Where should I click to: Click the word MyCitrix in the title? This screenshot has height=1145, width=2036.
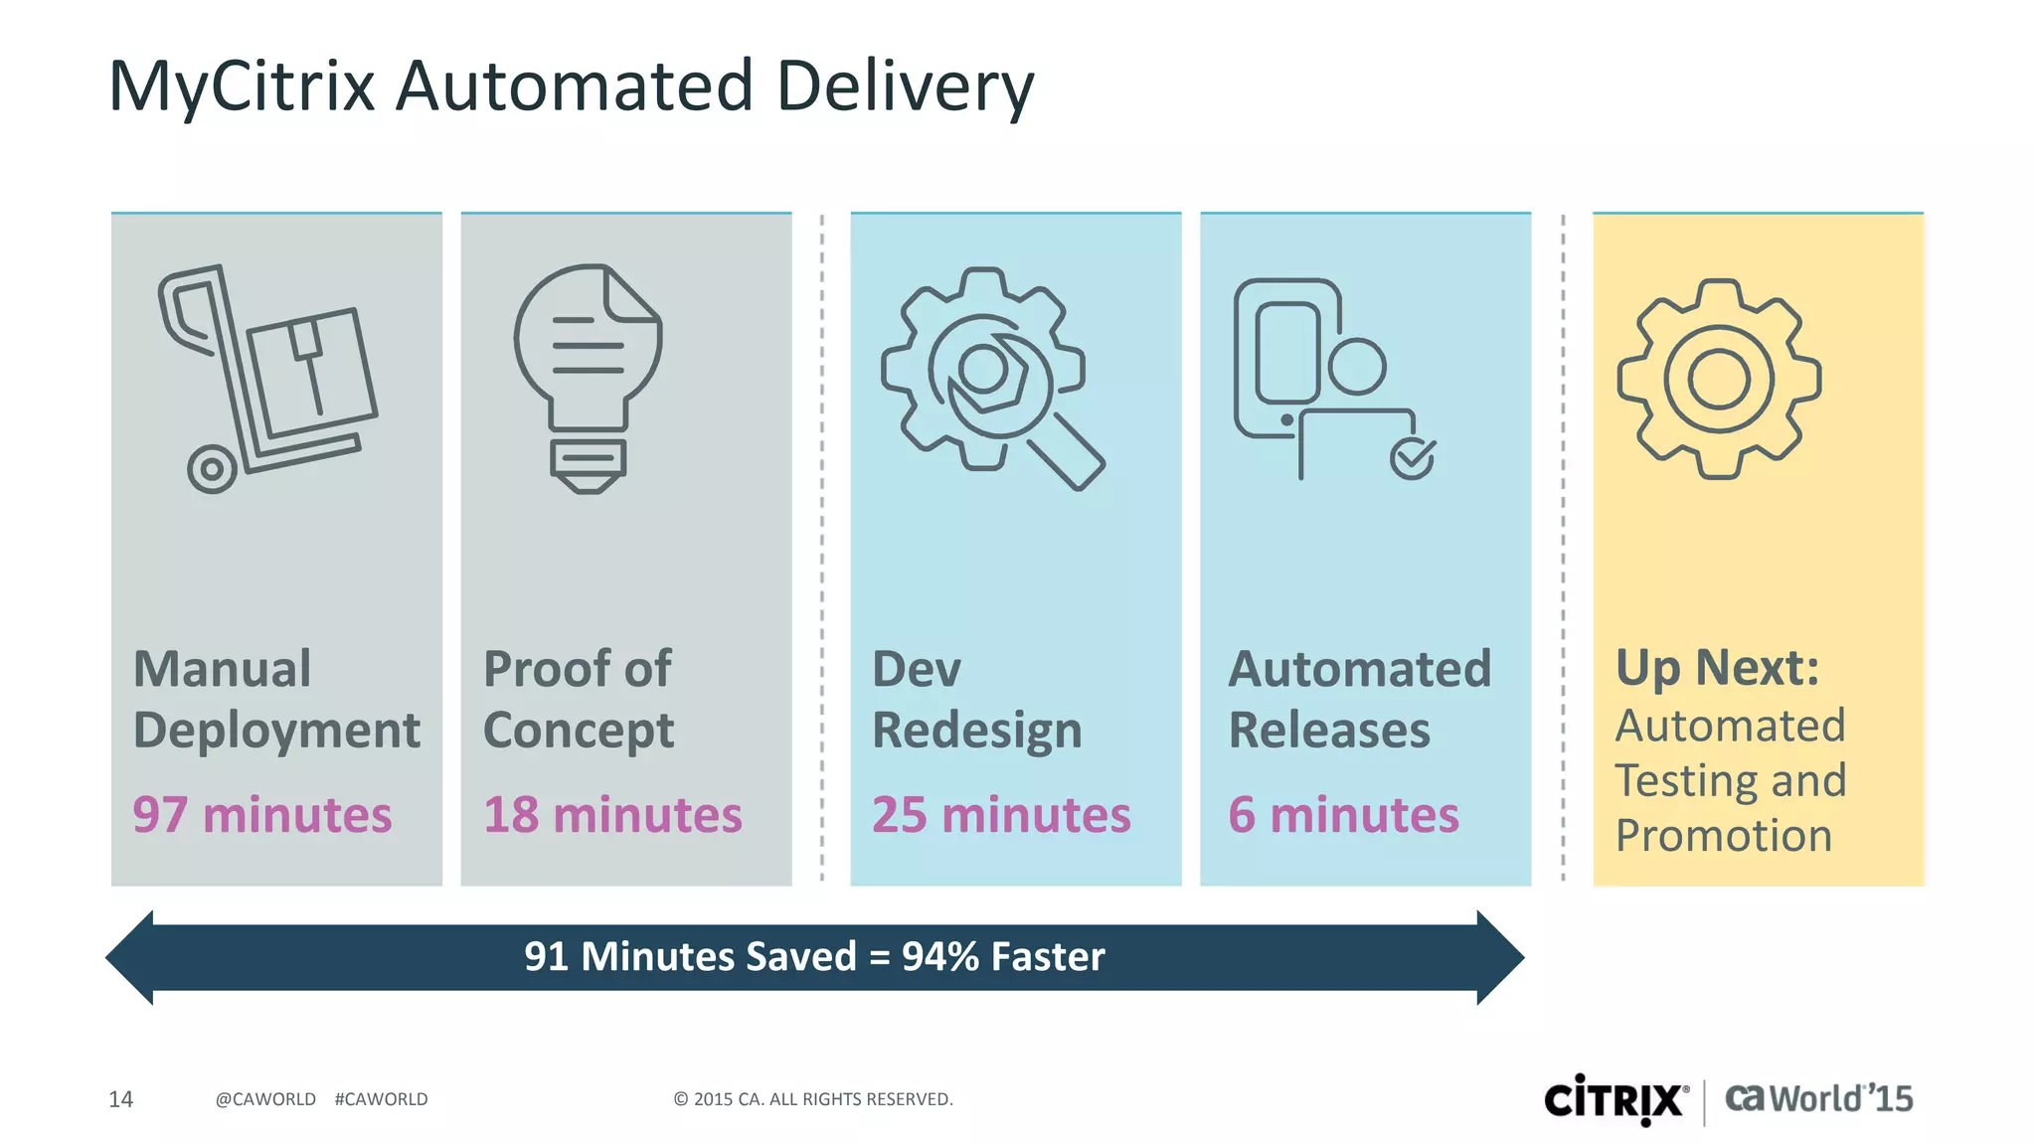click(242, 87)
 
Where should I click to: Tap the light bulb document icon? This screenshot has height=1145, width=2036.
click(589, 378)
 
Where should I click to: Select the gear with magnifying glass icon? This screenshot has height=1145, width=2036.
click(989, 378)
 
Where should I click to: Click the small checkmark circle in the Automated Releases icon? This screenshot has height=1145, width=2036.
click(1412, 458)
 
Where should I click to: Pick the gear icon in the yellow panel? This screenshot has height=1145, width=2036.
click(1719, 379)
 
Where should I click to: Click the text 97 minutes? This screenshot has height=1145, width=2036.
click(262, 815)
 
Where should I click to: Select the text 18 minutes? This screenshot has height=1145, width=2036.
click(612, 815)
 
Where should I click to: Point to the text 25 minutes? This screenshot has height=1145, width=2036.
click(1001, 815)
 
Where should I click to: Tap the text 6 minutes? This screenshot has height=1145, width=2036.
click(1343, 815)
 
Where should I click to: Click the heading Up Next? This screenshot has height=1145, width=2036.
click(1717, 667)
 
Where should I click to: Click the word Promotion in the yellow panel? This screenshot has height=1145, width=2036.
click(1723, 836)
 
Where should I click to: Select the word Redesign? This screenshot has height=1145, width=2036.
click(976, 732)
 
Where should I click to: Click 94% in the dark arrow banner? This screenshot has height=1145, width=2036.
click(939, 956)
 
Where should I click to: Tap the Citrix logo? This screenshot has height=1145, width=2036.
click(1615, 1100)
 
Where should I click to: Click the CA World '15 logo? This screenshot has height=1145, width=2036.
click(1818, 1099)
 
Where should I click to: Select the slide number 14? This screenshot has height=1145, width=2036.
click(120, 1099)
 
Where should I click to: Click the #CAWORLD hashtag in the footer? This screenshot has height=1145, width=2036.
click(381, 1099)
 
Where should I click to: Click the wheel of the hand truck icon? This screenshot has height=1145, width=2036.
click(212, 468)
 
